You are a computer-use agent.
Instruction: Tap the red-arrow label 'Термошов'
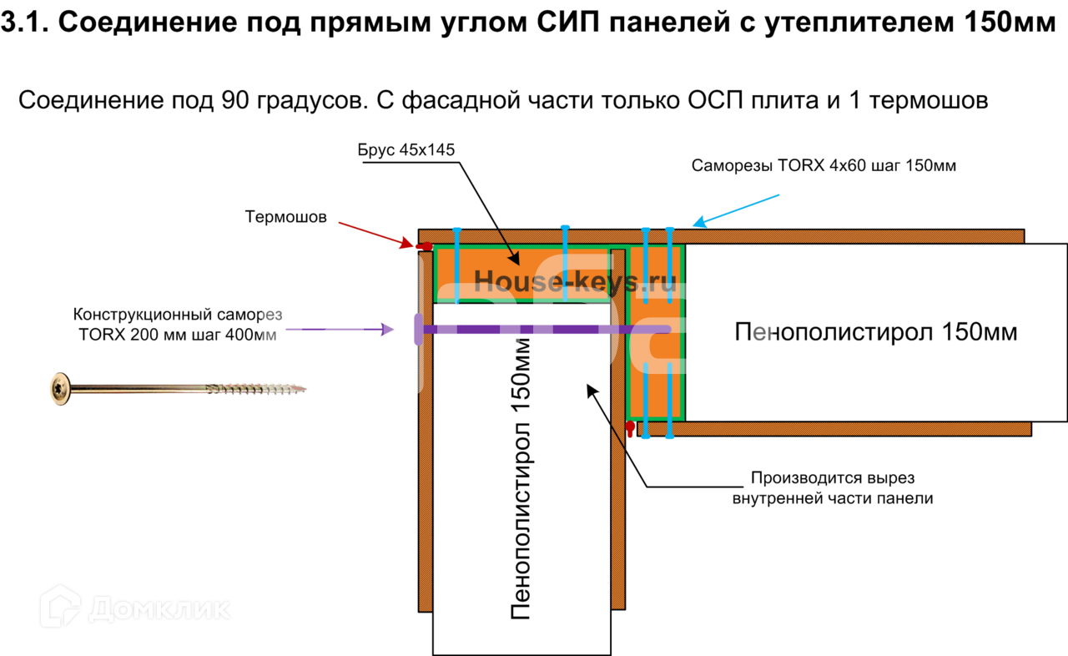click(285, 217)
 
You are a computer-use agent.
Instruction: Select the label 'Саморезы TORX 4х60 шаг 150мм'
click(824, 165)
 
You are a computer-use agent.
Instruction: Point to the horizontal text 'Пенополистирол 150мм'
click(875, 332)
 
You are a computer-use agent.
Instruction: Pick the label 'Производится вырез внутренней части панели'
click(833, 488)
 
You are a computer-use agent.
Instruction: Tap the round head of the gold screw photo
click(61, 388)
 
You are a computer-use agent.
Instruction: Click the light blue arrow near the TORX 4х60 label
click(738, 210)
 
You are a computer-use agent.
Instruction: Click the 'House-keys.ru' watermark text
click(575, 281)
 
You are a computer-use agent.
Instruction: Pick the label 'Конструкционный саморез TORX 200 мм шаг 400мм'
click(178, 325)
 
